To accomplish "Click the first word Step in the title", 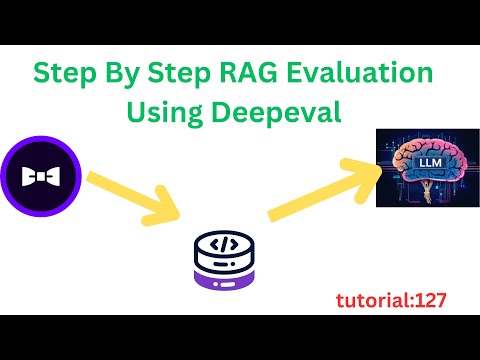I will (64, 74).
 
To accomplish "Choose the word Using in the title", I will (165, 112).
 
